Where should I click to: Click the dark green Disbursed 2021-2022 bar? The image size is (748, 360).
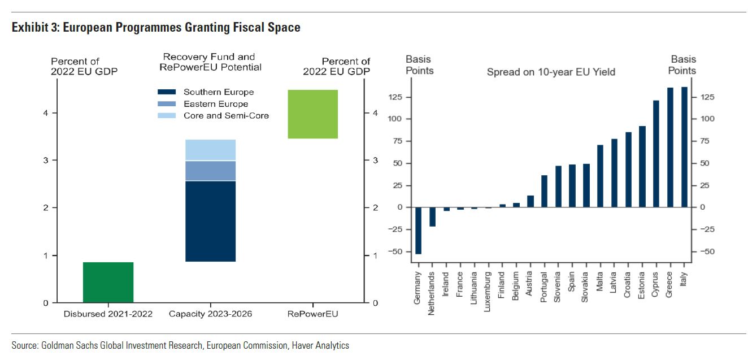(108, 282)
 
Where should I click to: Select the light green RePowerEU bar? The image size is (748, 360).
(312, 114)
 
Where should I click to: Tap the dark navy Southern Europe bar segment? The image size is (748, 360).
(210, 221)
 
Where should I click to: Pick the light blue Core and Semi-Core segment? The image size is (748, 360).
(210, 150)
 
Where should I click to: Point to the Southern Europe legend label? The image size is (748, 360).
(219, 92)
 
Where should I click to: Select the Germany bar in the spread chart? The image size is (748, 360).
(419, 231)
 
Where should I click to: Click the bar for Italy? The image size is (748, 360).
(684, 147)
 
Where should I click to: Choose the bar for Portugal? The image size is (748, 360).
(544, 191)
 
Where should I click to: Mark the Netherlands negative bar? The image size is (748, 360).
(433, 217)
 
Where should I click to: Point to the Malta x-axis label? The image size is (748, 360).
(601, 282)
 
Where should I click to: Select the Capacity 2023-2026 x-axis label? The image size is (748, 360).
(210, 314)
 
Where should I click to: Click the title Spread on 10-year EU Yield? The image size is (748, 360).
(551, 72)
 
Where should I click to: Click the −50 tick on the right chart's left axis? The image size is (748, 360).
(398, 251)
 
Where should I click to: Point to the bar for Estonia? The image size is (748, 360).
(642, 167)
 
